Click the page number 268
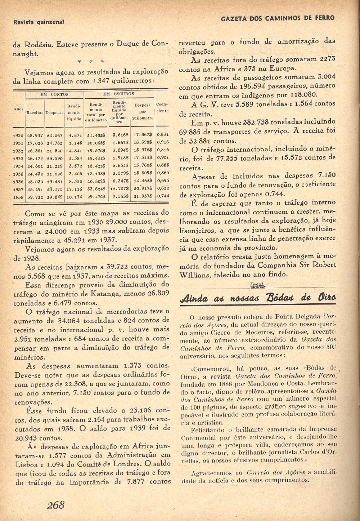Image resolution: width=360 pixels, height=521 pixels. click(55, 505)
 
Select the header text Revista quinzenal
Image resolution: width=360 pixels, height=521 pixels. click(38, 22)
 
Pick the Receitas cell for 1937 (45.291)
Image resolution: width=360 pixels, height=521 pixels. click(35, 190)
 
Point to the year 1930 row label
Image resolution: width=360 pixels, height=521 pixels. click(18, 135)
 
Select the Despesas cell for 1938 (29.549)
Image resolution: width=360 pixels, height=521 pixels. click(54, 197)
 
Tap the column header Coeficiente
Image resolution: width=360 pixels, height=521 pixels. click(162, 108)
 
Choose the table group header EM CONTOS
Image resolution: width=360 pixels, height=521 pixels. click(54, 94)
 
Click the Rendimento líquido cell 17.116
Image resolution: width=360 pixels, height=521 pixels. click(74, 190)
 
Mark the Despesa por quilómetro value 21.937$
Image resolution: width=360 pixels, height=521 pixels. click(143, 197)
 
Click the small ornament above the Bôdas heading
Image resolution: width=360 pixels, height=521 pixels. click(257, 286)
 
